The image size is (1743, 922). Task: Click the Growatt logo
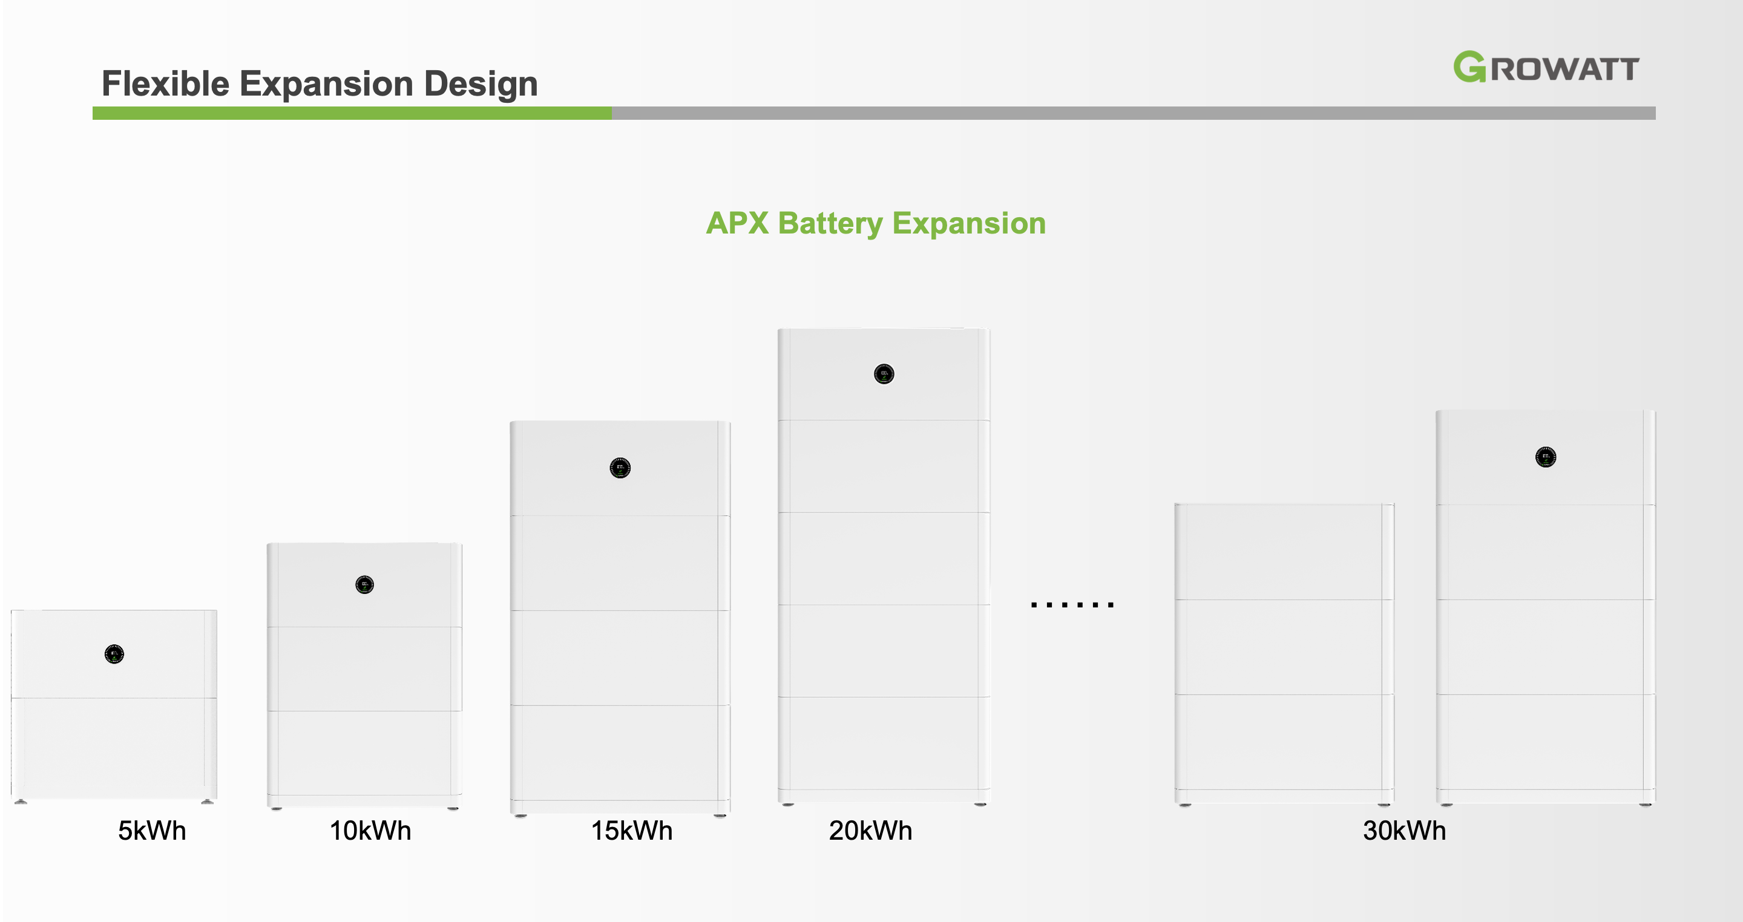point(1546,67)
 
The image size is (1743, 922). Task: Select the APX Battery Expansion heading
point(876,223)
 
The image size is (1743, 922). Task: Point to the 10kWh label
point(370,831)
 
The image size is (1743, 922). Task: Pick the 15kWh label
point(632,831)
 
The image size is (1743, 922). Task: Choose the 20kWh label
point(871,831)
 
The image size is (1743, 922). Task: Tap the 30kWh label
point(1405,831)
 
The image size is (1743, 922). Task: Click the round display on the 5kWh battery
point(114,654)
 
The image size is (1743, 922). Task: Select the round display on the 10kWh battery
point(365,584)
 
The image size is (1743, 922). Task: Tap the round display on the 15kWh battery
point(620,468)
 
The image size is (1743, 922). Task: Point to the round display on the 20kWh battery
point(884,374)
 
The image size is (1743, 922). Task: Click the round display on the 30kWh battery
point(1546,457)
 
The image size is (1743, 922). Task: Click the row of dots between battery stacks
point(1072,604)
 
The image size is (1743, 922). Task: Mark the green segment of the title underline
point(352,113)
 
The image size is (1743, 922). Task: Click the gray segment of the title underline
point(1134,113)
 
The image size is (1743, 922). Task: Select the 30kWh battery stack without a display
point(1284,654)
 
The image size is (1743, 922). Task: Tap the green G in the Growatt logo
point(1469,67)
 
